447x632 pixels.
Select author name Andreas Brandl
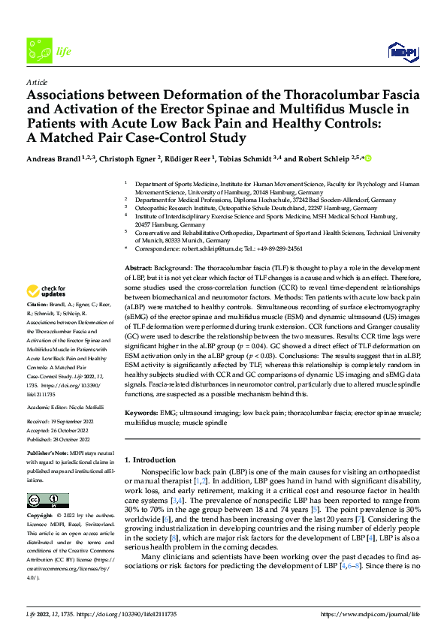56,158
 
